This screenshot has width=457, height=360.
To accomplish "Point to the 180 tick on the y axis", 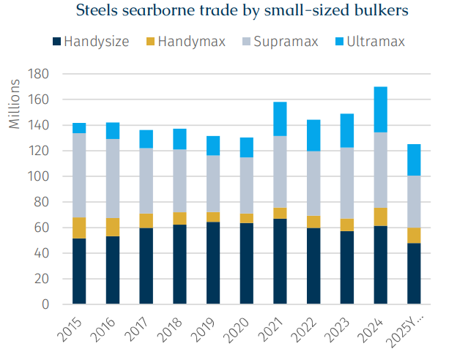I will [x=39, y=74].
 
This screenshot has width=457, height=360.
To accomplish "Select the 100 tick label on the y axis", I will [x=39, y=176].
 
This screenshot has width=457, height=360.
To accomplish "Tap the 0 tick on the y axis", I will [x=45, y=304].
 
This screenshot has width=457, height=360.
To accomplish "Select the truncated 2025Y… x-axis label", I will [x=406, y=330].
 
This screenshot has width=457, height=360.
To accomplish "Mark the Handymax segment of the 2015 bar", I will [x=79, y=228].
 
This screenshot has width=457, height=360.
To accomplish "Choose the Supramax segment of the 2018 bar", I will [x=179, y=181].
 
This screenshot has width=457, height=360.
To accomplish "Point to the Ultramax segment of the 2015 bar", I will [x=79, y=128].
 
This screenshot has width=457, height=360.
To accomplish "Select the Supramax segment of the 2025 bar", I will [x=415, y=201].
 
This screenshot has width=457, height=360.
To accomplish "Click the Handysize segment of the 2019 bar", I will [x=212, y=263].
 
